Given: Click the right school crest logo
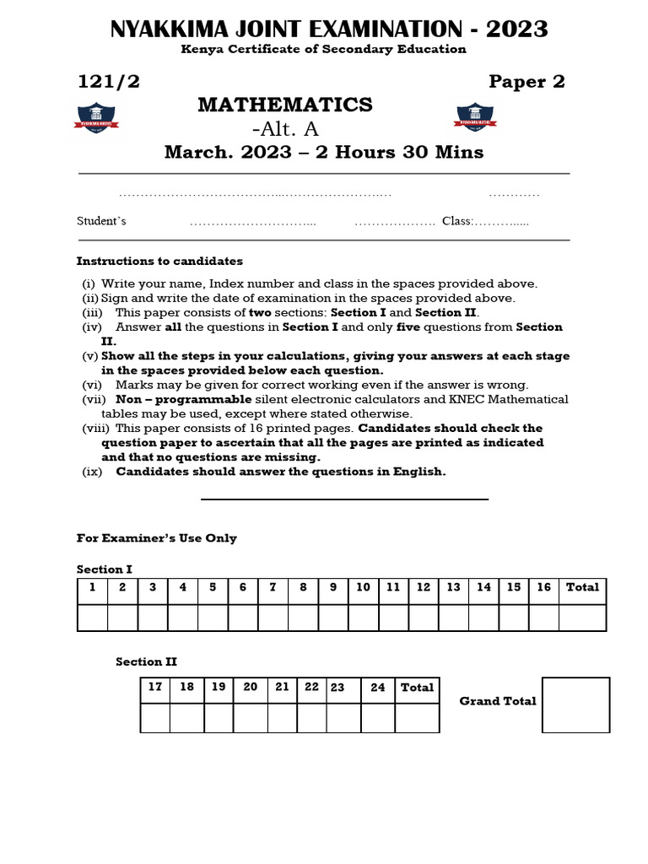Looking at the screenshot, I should (476, 117).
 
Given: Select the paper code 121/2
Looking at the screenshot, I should (106, 81).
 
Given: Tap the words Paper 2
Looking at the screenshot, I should (526, 81).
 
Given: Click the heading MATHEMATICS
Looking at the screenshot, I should (285, 105).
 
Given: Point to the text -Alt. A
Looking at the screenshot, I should (285, 129).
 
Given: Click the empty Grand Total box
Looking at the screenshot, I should (575, 705).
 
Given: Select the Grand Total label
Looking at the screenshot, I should (498, 701).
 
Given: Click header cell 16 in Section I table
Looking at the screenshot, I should (544, 587).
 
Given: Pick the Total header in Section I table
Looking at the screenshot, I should (582, 587).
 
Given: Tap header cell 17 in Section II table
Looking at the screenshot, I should (155, 687).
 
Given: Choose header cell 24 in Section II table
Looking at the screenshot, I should (378, 688).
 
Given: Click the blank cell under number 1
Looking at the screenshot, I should (93, 618).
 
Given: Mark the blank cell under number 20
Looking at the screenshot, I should (250, 717).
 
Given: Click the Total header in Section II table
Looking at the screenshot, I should (417, 688).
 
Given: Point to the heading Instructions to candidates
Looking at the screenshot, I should (159, 262).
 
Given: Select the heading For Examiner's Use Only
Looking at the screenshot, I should (157, 538).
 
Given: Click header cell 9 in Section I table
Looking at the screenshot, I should (333, 587).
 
